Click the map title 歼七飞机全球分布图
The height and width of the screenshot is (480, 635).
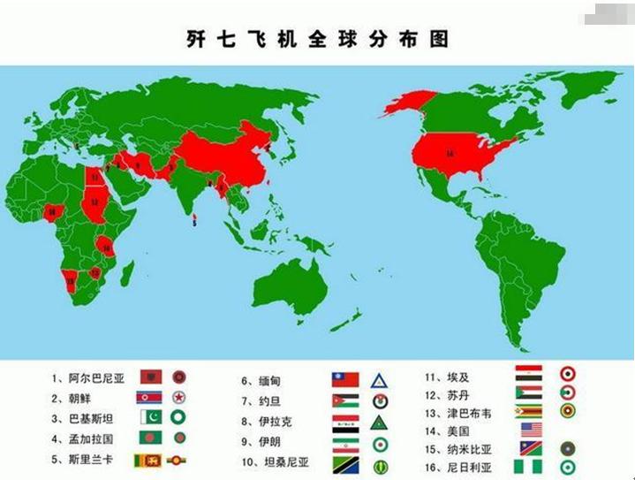[317, 40]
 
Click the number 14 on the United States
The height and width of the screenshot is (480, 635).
[450, 154]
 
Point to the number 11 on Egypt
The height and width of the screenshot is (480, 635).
[94, 177]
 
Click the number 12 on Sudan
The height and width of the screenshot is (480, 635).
[94, 202]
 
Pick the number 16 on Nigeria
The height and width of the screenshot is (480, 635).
[52, 212]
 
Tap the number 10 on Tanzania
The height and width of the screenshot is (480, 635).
[106, 248]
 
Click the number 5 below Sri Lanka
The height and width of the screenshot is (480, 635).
[194, 224]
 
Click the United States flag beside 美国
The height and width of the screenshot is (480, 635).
[531, 430]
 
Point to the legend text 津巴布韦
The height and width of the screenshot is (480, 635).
[470, 413]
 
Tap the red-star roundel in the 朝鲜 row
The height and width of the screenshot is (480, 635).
[179, 398]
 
